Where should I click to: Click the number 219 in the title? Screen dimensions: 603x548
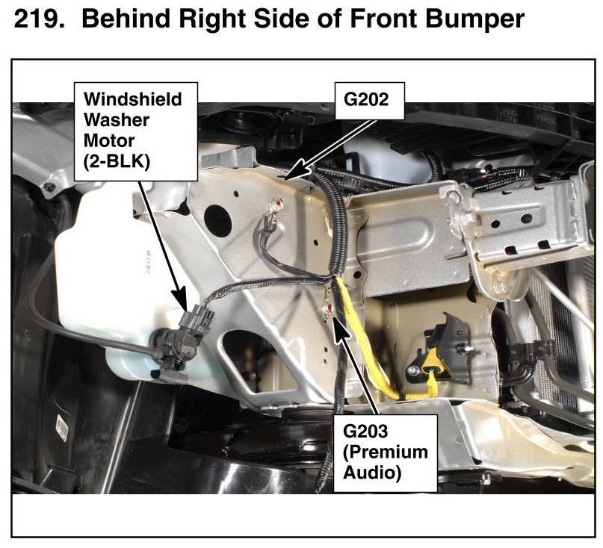39,18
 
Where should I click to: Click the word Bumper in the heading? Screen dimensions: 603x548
475,19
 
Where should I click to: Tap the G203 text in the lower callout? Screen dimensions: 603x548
365,432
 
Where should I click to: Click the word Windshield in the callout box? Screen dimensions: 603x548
133,99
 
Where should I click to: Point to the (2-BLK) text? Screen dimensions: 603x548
117,161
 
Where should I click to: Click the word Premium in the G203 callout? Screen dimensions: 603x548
386,452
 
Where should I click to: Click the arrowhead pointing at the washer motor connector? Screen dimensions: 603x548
180,298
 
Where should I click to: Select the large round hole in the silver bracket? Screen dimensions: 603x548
217,219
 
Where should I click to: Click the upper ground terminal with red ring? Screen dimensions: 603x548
277,205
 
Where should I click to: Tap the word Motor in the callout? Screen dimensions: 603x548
109,140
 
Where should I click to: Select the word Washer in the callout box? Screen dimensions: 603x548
116,120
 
